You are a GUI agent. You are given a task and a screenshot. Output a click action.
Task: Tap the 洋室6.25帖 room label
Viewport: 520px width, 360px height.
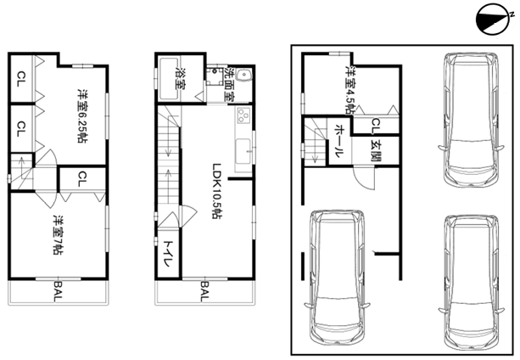tap(82, 115)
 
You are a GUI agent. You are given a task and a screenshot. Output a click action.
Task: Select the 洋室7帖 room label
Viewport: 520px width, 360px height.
tap(58, 235)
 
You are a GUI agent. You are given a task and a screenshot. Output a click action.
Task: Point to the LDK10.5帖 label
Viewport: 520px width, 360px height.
tap(217, 191)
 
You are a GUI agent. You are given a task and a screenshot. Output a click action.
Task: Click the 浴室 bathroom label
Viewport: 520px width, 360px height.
tap(181, 78)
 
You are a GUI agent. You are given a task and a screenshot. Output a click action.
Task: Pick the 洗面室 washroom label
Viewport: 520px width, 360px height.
tap(230, 84)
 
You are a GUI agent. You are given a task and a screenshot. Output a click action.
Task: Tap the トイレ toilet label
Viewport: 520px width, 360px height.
tap(167, 254)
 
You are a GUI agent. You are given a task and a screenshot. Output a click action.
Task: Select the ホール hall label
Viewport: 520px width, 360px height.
tap(339, 141)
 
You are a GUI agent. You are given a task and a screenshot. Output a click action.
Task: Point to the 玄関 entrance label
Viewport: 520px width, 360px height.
tap(376, 152)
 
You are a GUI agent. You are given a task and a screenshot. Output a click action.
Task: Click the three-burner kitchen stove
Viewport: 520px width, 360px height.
tap(243, 115)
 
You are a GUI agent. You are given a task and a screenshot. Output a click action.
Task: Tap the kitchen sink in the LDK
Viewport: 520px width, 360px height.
tap(243, 152)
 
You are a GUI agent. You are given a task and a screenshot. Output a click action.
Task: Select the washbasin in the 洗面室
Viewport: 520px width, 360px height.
tap(245, 76)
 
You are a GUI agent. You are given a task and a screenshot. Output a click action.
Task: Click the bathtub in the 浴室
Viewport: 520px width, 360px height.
tap(169, 78)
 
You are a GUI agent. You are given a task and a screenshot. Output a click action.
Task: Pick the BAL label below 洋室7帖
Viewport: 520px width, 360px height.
tap(58, 291)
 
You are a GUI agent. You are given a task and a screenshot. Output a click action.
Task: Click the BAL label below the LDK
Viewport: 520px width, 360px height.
tap(204, 291)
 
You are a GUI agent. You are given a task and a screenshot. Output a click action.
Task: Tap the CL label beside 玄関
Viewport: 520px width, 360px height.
tap(376, 127)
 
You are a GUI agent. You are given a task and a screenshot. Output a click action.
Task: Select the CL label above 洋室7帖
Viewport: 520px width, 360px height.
tap(82, 178)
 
